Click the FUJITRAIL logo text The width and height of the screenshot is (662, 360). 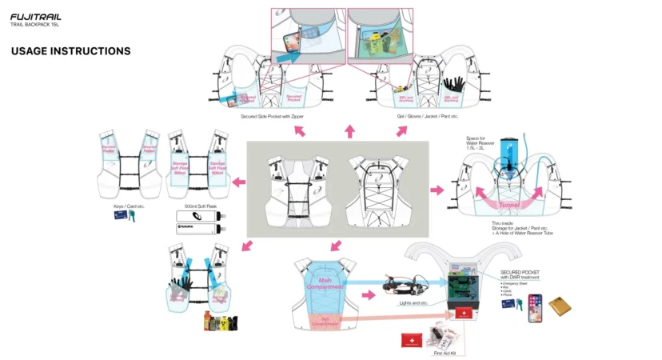tap(35, 15)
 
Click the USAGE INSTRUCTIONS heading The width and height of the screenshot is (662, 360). tap(70, 51)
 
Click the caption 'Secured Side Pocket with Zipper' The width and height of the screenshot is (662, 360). tap(272, 117)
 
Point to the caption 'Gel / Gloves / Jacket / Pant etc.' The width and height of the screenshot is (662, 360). tap(428, 117)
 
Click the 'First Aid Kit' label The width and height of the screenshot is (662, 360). tap(443, 352)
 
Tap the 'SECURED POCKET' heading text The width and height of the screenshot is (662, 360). tap(520, 271)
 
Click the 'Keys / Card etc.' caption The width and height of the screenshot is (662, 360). tap(130, 206)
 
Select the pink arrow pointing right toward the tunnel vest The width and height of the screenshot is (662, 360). tap(437, 190)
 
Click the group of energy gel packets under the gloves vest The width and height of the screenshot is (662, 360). tap(218, 321)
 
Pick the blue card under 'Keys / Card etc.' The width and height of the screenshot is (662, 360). tap(121, 216)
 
